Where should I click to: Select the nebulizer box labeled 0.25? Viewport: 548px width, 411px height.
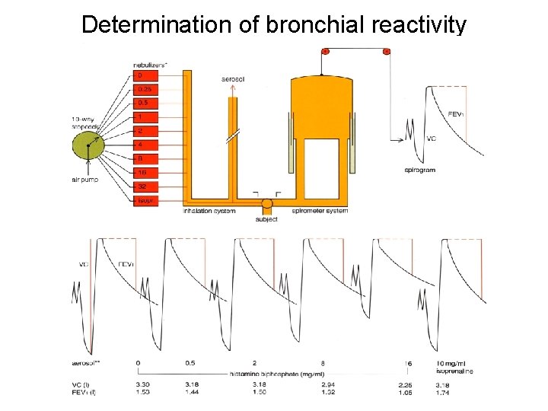148,89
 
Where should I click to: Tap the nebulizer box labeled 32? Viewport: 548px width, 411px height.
148,186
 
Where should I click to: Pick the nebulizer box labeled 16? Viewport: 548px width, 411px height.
148,173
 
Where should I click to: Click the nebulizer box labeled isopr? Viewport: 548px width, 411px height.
148,200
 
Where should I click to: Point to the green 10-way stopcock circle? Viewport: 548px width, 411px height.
91,145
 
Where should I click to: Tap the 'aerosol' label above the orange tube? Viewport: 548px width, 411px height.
233,79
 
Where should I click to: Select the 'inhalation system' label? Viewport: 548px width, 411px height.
210,211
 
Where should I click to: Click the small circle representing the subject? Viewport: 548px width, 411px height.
267,204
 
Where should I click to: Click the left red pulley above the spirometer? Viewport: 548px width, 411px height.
325,52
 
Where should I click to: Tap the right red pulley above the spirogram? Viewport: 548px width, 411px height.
386,52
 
